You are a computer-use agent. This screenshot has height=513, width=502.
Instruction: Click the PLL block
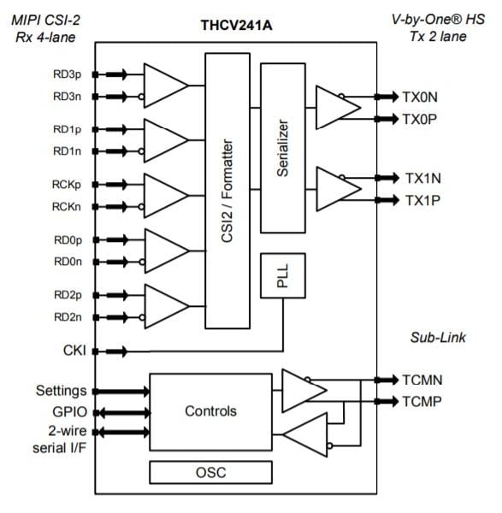(283, 275)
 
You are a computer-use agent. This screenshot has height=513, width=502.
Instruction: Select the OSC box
(210, 472)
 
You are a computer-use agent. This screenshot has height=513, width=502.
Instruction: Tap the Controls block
(210, 412)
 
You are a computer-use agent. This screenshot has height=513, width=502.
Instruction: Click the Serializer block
(283, 148)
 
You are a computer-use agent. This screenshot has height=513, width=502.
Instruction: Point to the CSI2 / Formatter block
(227, 191)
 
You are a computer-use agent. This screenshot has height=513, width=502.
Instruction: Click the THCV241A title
(236, 26)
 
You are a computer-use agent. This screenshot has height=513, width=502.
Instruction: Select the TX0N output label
(420, 97)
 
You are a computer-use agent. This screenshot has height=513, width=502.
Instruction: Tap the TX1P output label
(422, 200)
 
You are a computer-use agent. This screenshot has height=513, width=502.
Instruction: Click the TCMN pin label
(422, 380)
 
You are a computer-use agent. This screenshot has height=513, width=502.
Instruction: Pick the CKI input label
(74, 351)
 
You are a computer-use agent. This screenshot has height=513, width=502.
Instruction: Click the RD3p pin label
(67, 74)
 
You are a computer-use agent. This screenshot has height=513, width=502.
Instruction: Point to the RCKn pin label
(67, 207)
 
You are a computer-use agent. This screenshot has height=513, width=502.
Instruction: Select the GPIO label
(70, 412)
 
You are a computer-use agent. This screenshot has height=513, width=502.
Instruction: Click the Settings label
(62, 391)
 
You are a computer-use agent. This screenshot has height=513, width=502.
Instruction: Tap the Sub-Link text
(438, 338)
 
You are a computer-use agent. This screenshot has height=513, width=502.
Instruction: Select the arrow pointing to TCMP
(387, 401)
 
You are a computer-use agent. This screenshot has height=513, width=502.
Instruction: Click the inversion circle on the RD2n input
(142, 317)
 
